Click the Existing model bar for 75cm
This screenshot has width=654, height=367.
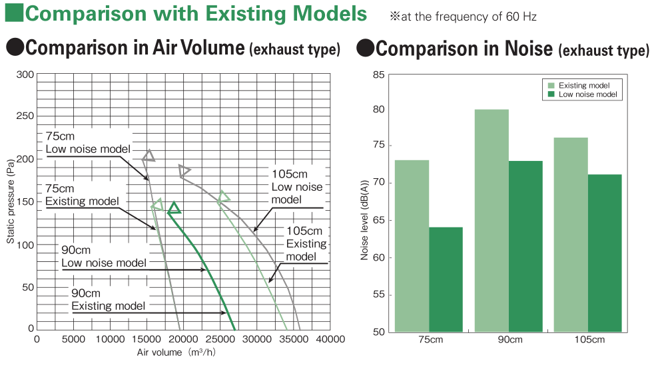412,246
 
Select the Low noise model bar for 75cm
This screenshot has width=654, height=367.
446,279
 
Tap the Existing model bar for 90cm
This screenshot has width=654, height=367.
491,221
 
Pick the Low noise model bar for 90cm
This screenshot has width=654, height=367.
525,247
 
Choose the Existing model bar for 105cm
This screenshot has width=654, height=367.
571,235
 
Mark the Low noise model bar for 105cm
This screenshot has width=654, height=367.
605,253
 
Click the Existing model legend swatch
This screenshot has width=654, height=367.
551,85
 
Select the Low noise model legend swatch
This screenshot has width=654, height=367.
551,94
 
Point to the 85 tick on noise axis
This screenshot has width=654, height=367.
379,75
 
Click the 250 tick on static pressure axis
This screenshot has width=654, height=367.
25,116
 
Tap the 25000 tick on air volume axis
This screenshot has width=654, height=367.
220,340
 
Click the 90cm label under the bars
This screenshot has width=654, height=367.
510,340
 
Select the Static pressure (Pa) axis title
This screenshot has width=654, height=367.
11,201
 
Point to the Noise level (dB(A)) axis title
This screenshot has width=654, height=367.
364,220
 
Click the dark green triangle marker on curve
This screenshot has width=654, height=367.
174,207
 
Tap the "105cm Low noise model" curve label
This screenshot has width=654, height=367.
297,187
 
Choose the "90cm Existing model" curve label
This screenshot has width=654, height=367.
109,299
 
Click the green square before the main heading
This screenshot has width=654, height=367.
14,13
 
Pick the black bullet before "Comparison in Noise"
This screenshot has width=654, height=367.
366,48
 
